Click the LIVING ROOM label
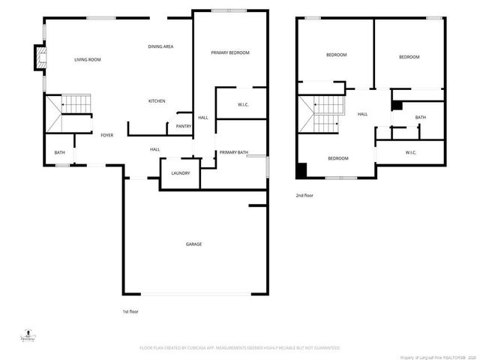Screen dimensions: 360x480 [x=88, y=59]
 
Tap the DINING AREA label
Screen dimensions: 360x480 [x=160, y=47]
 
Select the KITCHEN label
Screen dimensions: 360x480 [x=157, y=101]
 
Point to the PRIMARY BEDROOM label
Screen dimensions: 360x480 [x=229, y=52]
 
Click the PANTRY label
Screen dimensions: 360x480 [x=183, y=126]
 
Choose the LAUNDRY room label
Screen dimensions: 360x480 [x=180, y=173]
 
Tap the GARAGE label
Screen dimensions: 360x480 [x=193, y=244]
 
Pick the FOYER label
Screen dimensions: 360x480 [x=107, y=135]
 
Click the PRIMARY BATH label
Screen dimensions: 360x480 [x=233, y=152]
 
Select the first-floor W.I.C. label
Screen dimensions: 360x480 [x=242, y=104]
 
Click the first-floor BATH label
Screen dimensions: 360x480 [x=59, y=153]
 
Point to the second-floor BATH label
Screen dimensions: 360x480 [x=420, y=117]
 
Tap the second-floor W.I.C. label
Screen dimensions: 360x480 [x=410, y=153]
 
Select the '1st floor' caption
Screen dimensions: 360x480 [x=130, y=311]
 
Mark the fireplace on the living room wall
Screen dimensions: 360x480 [x=37, y=58]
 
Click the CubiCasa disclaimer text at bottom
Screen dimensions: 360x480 [x=239, y=348]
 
